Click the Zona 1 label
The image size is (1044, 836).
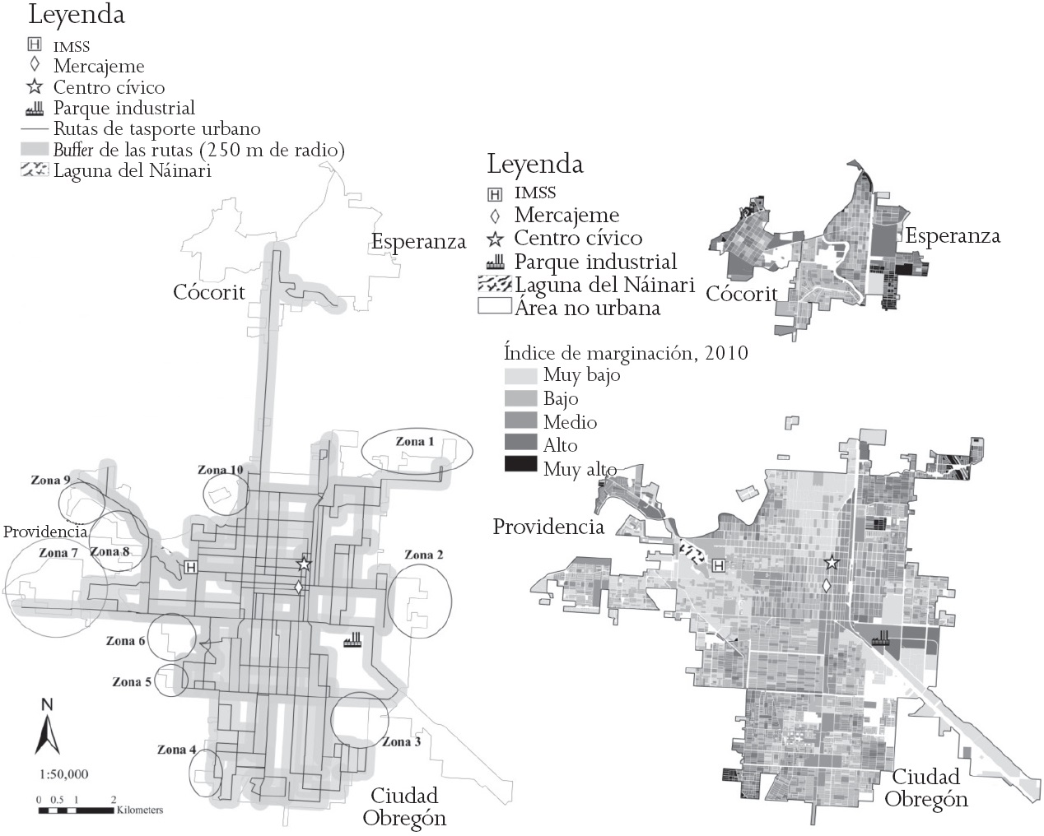(x=414, y=442)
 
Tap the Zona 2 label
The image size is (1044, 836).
(x=423, y=555)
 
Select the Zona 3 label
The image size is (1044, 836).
(x=401, y=742)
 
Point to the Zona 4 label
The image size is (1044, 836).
(x=177, y=750)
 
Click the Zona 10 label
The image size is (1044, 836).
(x=220, y=471)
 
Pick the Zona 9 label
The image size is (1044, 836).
(x=50, y=480)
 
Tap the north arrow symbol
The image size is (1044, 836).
(x=47, y=727)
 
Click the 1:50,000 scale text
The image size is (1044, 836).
(x=63, y=774)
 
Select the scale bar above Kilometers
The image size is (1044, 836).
(x=76, y=810)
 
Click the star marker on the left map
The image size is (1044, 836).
(x=304, y=564)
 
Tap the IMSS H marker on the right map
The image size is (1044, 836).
(x=719, y=566)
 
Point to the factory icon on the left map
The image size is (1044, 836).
(x=353, y=639)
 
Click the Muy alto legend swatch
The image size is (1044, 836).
(x=521, y=464)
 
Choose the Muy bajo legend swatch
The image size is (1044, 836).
(x=521, y=376)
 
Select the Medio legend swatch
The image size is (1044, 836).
(x=521, y=422)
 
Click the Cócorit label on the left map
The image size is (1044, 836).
(x=209, y=292)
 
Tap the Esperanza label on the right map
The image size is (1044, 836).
(x=953, y=237)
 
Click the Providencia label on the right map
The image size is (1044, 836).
(x=548, y=527)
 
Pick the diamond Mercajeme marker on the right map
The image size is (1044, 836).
(x=826, y=585)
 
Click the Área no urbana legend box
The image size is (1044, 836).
(x=495, y=307)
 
